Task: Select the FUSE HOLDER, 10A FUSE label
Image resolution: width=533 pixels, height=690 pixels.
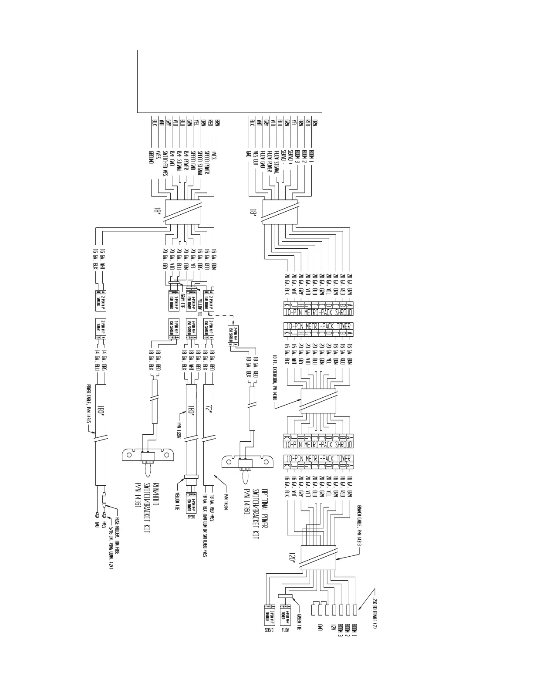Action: point(117,535)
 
